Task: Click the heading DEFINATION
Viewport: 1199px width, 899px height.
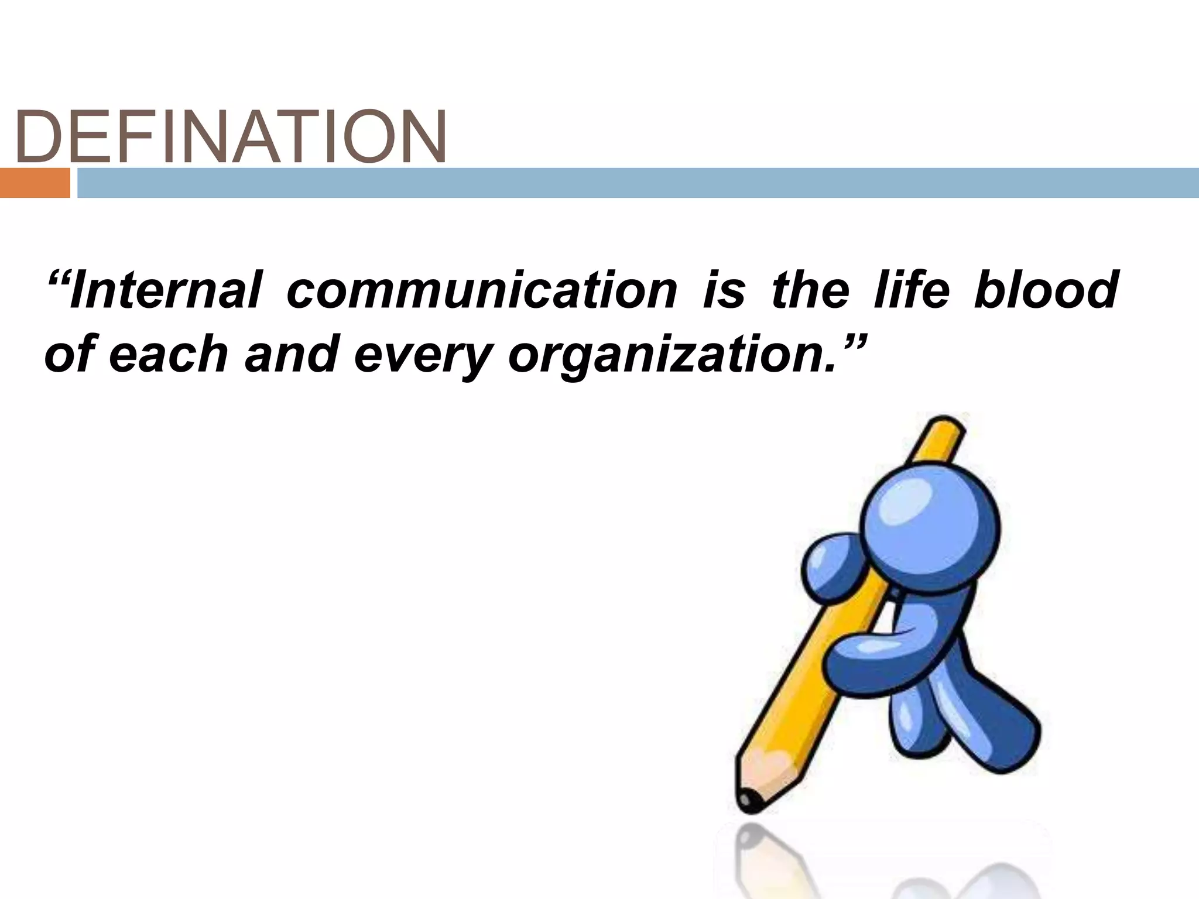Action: [x=231, y=138]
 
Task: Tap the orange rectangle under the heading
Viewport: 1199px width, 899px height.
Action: [x=35, y=183]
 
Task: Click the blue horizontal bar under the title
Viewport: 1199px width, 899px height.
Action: [x=638, y=183]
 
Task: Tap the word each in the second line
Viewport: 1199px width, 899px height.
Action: [x=168, y=355]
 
